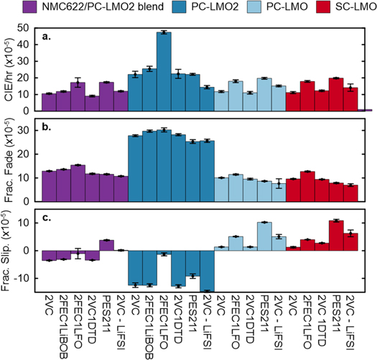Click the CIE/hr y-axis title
pos(9,70)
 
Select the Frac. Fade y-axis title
pos(9,162)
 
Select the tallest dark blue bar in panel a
pos(164,72)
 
